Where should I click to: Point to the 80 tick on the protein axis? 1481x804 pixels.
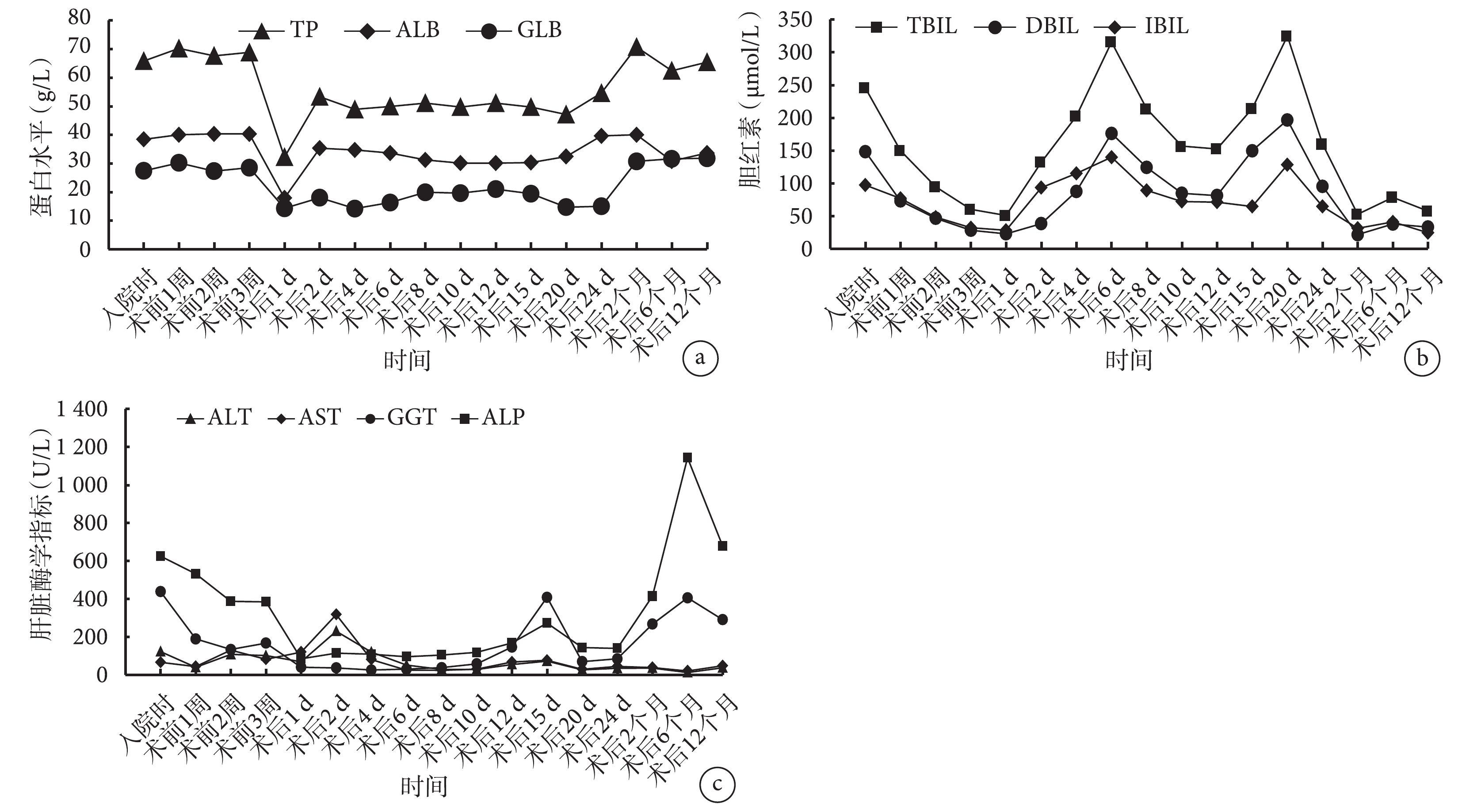[79, 18]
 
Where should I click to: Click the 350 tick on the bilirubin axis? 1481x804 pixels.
[794, 21]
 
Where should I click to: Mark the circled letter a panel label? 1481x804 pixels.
[700, 358]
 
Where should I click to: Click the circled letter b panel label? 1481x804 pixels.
[1422, 358]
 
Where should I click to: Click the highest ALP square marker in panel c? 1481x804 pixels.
[687, 457]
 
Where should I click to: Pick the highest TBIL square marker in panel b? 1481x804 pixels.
[1286, 36]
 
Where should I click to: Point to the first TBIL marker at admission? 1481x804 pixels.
[864, 88]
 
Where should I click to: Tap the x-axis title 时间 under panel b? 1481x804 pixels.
[1129, 360]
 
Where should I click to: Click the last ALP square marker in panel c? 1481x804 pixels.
[723, 546]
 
